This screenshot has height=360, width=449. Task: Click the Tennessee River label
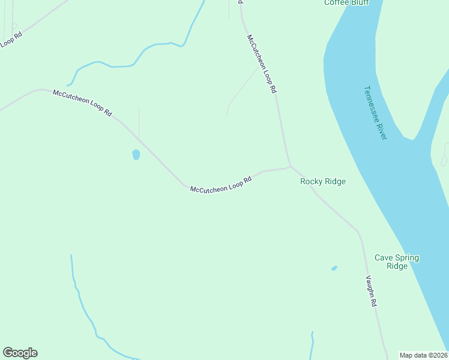click(375, 113)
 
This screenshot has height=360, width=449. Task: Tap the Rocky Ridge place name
click(323, 181)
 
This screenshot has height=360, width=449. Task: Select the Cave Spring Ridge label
click(397, 262)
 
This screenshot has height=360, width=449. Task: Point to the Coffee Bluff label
click(346, 2)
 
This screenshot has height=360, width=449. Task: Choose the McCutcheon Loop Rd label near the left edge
click(82, 102)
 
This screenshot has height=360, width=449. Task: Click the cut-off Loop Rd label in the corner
click(10, 40)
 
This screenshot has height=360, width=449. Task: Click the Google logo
click(20, 353)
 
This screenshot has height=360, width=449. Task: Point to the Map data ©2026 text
click(424, 355)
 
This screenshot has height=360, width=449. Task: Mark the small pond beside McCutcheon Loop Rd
click(136, 155)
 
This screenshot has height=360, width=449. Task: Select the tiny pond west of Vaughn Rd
click(334, 268)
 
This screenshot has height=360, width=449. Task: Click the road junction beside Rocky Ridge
click(291, 167)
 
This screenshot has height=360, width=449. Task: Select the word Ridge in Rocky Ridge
click(334, 181)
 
